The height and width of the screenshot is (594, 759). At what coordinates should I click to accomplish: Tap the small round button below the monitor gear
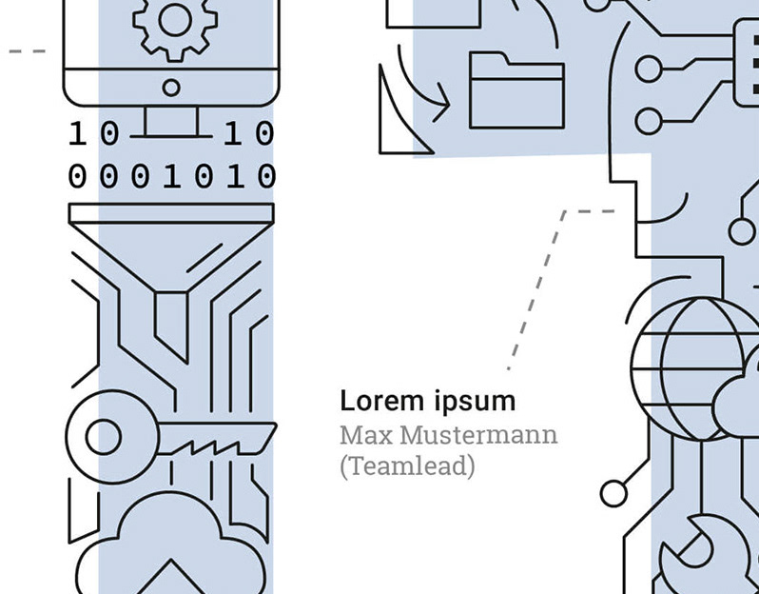pyautogui.click(x=171, y=89)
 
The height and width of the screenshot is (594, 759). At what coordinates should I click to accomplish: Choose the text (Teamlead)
pyautogui.click(x=407, y=466)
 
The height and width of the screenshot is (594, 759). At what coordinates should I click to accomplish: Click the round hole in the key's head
pyautogui.click(x=104, y=438)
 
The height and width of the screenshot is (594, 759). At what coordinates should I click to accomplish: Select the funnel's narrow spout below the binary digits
pyautogui.click(x=171, y=319)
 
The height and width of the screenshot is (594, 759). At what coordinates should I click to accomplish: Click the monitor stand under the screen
pyautogui.click(x=171, y=122)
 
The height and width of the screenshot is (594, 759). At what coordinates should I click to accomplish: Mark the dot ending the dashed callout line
pyautogui.click(x=509, y=367)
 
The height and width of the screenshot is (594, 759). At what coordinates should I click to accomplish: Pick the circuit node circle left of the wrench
pyautogui.click(x=614, y=493)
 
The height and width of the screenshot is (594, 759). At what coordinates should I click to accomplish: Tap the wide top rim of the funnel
pyautogui.click(x=171, y=212)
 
